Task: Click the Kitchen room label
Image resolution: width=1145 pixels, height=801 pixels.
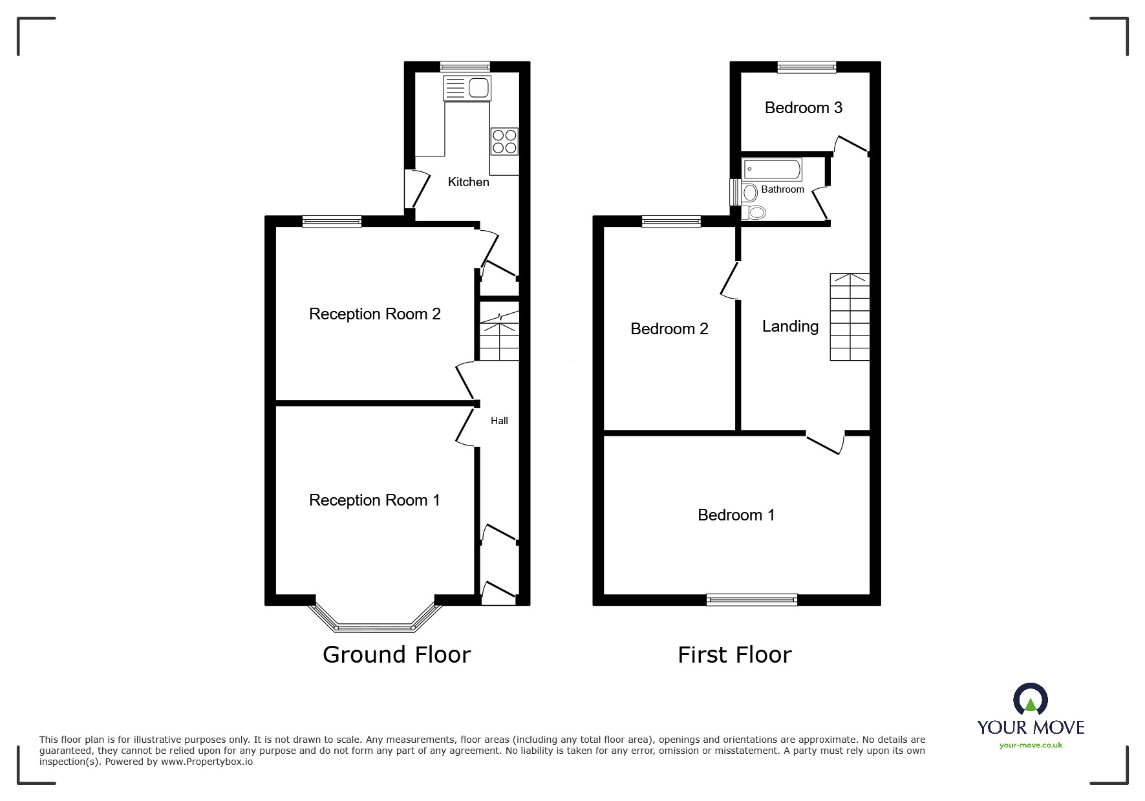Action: [x=468, y=182]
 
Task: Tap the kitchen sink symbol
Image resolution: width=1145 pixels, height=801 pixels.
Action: [x=467, y=89]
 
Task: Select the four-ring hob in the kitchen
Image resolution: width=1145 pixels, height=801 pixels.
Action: [x=504, y=142]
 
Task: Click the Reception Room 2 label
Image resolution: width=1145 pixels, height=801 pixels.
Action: [x=375, y=314]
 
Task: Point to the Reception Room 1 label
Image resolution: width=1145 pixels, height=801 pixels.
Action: [x=374, y=500]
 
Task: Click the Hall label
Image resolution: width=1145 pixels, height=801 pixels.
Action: [x=499, y=421]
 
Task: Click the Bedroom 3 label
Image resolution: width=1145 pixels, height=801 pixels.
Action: [x=804, y=108]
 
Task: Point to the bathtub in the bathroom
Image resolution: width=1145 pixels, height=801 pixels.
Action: [x=772, y=170]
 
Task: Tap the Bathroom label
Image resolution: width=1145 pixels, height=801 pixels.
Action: [x=783, y=189]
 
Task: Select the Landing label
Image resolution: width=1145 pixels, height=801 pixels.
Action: [x=790, y=326]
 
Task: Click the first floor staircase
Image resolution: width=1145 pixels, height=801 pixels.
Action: [x=850, y=317]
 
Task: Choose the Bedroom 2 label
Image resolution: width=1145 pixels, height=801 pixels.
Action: [x=669, y=329]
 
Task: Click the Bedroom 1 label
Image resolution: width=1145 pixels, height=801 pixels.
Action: [x=736, y=515]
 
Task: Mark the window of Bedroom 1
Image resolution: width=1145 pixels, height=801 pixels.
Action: [x=752, y=599]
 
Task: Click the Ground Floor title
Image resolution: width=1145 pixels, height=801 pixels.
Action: [x=397, y=655]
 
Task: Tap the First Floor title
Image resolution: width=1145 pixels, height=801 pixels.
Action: [x=734, y=655]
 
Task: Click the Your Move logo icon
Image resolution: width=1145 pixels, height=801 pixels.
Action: [x=1030, y=700]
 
